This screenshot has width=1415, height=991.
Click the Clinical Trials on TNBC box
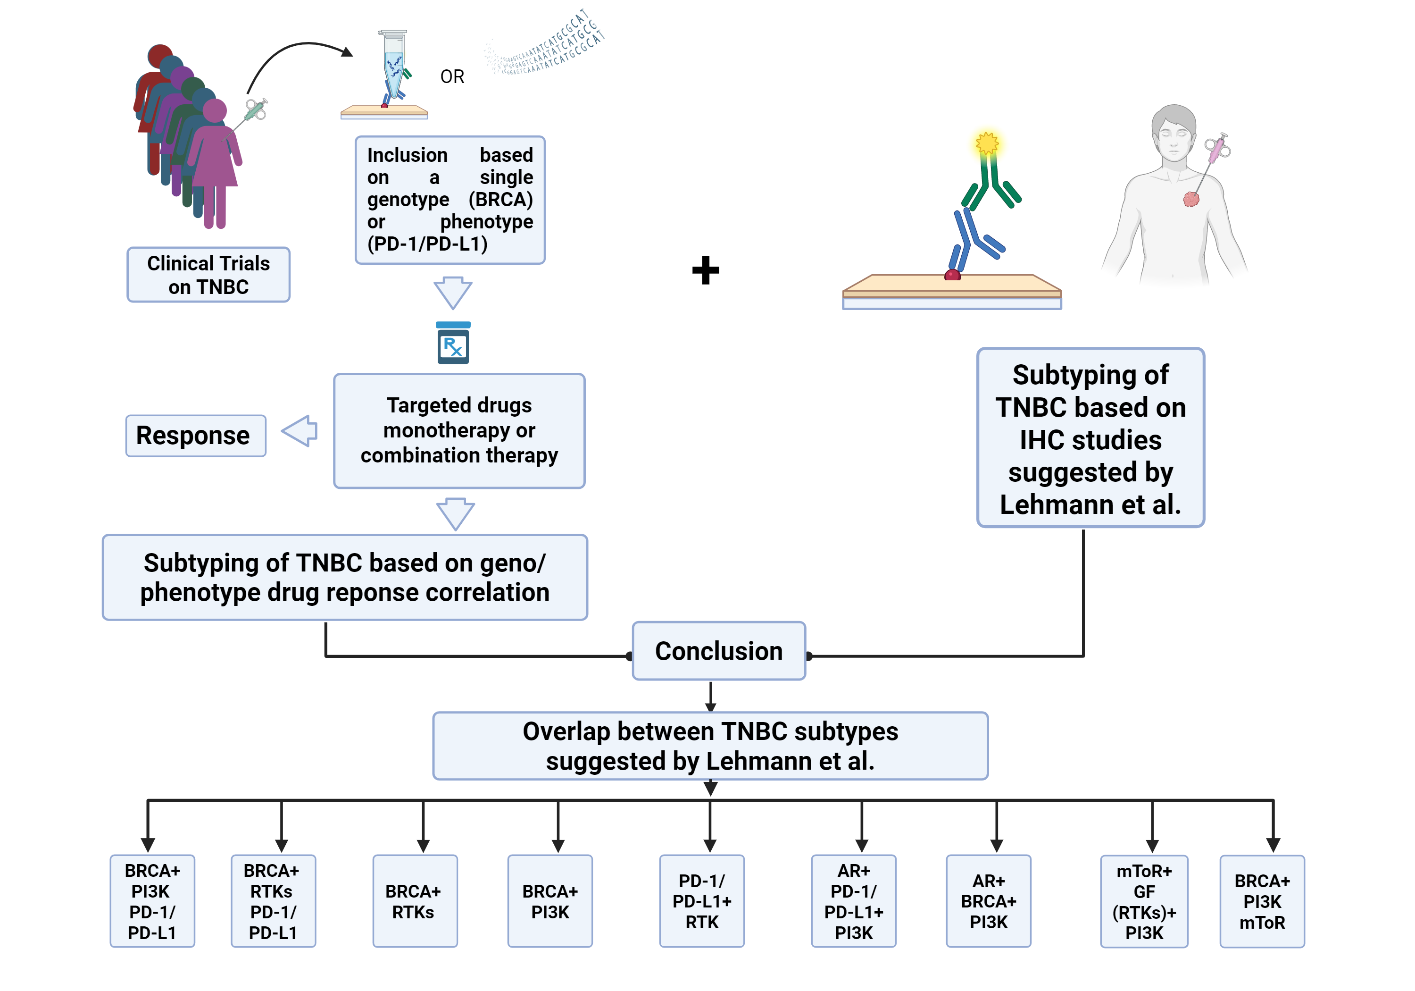208,275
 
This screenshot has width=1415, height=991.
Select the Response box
195,436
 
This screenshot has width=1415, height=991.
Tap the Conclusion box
719,651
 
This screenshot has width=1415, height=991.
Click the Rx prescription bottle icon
453,344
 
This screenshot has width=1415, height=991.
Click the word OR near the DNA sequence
452,77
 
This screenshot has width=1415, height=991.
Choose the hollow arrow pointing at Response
300,430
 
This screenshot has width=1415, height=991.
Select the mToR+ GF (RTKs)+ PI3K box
1144,902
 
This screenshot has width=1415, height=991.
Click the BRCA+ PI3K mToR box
1262,902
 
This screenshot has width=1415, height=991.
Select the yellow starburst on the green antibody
987,143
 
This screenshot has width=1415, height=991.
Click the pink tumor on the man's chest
1190,199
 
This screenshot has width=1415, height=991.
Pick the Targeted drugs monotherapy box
459,431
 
